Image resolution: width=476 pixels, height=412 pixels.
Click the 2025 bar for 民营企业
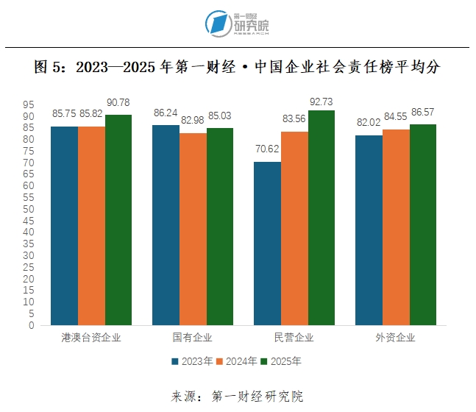(322, 218)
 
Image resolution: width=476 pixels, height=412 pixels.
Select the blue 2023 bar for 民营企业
(266, 244)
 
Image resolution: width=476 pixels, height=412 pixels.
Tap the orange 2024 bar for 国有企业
(193, 229)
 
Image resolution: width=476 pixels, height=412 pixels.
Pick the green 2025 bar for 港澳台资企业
(118, 220)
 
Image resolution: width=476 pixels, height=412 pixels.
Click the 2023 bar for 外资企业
(368, 230)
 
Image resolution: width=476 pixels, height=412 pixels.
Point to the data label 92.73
(322, 101)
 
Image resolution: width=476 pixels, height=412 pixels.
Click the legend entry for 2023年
(193, 361)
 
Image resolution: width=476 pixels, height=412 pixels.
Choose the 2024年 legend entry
(238, 361)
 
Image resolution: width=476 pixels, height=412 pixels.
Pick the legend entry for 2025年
(281, 361)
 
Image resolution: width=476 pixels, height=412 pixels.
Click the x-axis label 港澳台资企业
(91, 338)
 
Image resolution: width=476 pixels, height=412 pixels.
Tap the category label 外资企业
(395, 338)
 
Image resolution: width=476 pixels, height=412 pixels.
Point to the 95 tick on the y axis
(29, 104)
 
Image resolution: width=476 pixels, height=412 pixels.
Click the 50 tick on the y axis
(29, 209)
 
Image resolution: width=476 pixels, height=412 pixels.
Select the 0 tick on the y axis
(31, 324)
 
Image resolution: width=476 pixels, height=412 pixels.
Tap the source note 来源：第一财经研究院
(237, 397)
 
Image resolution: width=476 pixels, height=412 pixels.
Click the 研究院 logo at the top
(238, 24)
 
